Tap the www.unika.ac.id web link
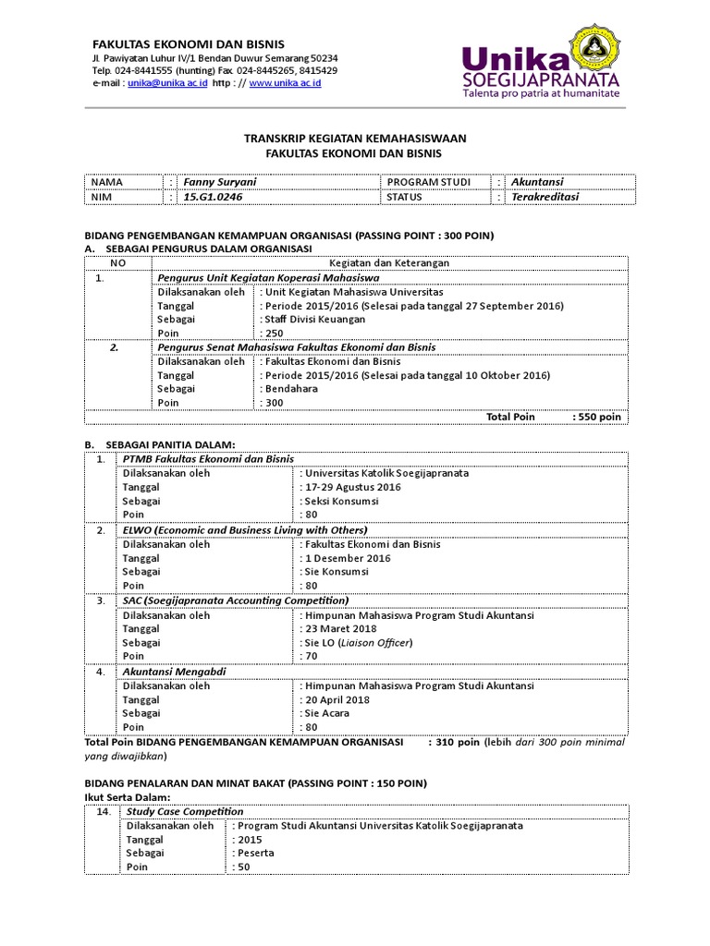click(285, 83)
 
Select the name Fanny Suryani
click(218, 182)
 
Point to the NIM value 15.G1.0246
click(214, 197)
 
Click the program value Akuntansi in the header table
click(538, 182)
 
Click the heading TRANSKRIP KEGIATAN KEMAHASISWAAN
click(355, 138)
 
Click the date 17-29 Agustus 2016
click(352, 487)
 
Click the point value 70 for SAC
click(309, 656)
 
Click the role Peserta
click(256, 853)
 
